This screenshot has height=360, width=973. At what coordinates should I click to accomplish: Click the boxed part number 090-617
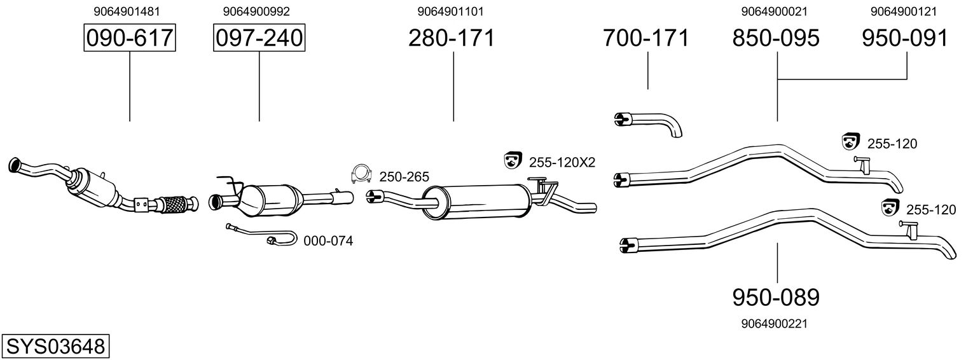[x=130, y=38]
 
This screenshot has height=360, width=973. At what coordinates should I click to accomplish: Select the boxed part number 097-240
[x=259, y=38]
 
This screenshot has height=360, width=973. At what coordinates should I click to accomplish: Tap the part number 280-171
[x=452, y=38]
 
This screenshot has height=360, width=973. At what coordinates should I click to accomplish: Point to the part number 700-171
[x=646, y=38]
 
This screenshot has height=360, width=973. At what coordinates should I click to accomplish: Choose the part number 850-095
[x=776, y=38]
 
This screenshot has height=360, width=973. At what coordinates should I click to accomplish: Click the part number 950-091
[x=905, y=38]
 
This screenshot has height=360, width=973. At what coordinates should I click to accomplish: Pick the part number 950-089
[x=776, y=296]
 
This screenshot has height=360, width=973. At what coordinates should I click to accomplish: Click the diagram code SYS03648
[x=55, y=347]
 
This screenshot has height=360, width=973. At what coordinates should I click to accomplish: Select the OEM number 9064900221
[x=774, y=324]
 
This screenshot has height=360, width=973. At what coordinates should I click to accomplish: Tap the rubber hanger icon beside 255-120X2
[x=511, y=162]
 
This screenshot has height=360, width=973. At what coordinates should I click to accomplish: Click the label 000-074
[x=328, y=241]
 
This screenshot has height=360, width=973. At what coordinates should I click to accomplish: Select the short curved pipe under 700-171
[x=652, y=122]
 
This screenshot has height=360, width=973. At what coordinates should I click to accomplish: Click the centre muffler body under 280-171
[x=477, y=200]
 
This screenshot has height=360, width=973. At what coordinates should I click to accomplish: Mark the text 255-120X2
[x=562, y=162]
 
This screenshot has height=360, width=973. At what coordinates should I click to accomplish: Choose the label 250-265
[x=404, y=176]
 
